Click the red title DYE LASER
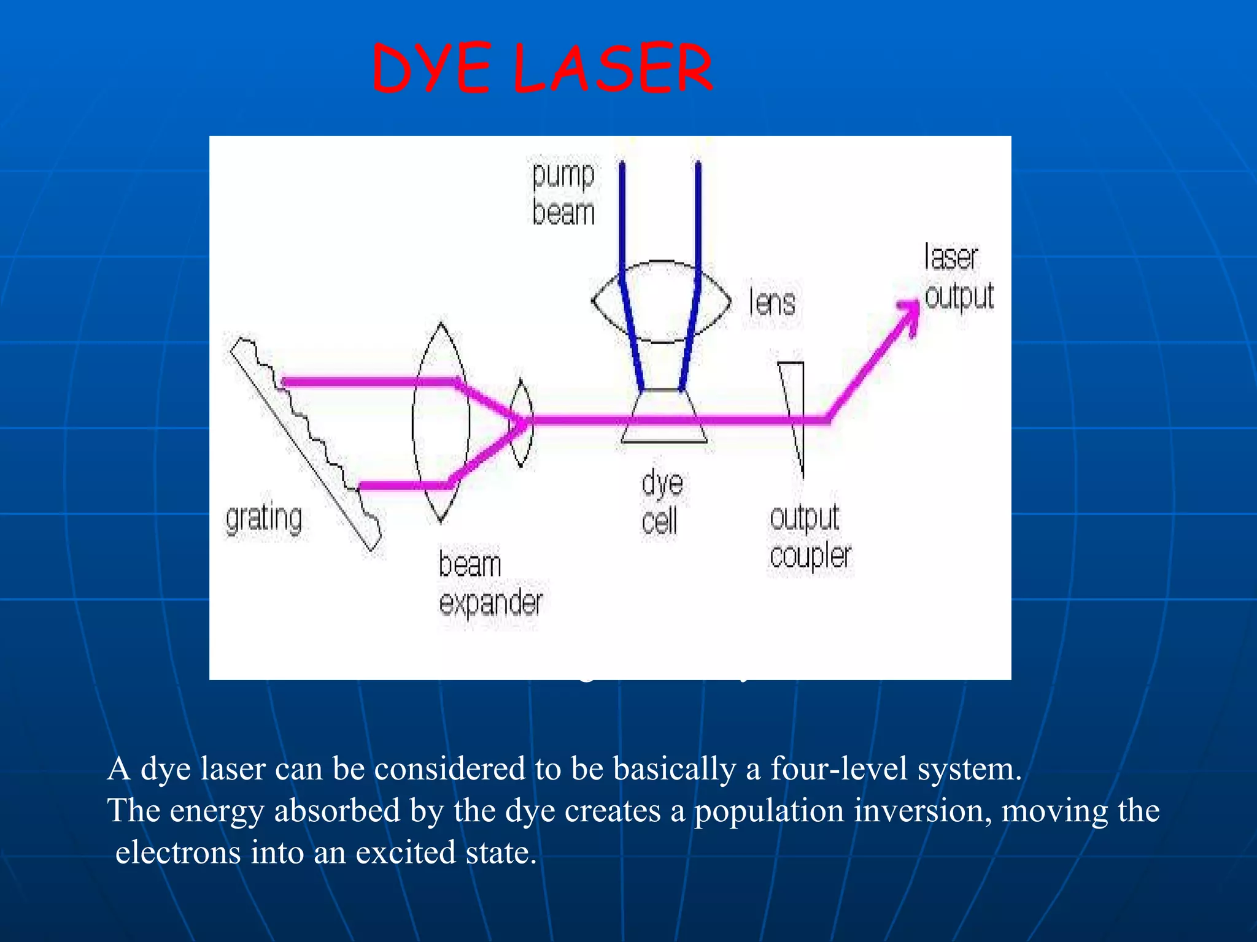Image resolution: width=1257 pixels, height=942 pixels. (543, 69)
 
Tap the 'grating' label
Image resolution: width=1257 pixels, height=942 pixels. (264, 519)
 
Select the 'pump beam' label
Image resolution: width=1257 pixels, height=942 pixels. (563, 194)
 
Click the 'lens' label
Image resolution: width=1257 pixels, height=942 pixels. (772, 303)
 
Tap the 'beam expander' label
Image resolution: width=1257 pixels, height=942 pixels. (490, 583)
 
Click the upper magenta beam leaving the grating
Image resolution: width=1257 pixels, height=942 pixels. (368, 382)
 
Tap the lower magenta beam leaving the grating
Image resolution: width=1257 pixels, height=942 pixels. (405, 486)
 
